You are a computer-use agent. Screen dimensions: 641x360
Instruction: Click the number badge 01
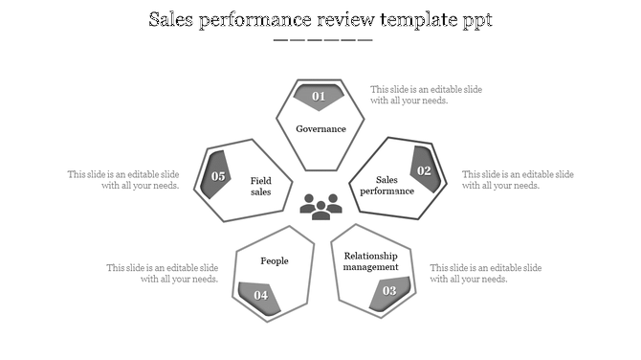point(319,96)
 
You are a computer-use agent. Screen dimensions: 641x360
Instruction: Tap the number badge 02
point(424,170)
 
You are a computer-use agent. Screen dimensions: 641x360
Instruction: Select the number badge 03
point(389,291)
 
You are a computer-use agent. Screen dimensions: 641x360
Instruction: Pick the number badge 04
point(260,295)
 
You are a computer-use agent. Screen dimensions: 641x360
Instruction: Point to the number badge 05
point(218,175)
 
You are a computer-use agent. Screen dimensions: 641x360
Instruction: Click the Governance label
point(320,129)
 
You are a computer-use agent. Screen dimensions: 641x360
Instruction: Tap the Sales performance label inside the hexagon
point(387,185)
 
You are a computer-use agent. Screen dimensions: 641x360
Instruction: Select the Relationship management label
point(370,260)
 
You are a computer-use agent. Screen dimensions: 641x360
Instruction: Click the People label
point(275,260)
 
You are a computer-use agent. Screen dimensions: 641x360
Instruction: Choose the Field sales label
point(261,186)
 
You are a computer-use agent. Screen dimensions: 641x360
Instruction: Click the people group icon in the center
point(320,205)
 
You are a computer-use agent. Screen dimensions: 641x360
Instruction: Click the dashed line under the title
point(322,40)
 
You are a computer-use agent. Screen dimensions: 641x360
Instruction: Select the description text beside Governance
point(426,95)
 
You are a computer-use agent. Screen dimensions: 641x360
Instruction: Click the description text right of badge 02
point(518,180)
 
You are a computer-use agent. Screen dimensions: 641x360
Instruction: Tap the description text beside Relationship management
point(485,273)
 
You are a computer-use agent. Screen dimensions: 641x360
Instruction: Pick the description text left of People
point(163,273)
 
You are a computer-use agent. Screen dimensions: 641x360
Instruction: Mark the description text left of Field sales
point(123,180)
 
